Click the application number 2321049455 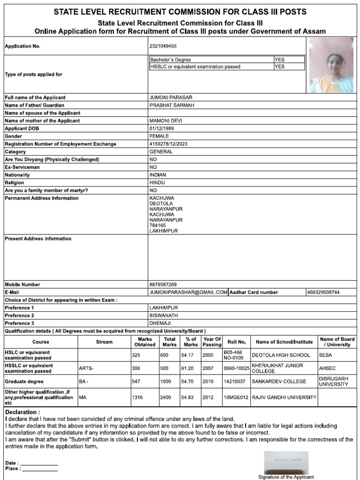164,46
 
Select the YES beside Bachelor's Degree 279,60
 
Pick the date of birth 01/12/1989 162,128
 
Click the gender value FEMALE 159,136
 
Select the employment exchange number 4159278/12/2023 168,144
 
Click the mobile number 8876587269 163,285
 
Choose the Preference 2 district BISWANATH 164,315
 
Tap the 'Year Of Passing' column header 211,342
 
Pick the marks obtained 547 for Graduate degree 136,382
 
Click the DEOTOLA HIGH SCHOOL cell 281,355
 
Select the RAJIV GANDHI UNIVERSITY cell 284,397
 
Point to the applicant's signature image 286,463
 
